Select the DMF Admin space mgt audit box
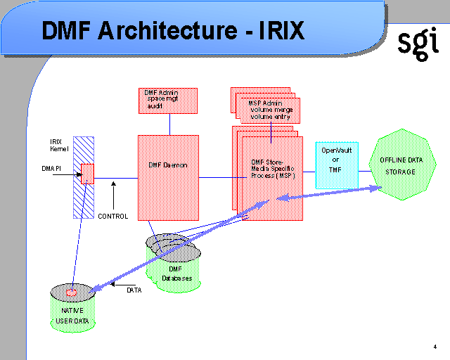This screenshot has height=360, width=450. tap(168, 101)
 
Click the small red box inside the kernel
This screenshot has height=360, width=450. tap(87, 173)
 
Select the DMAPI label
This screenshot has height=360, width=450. tap(53, 169)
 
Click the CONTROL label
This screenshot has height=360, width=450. tap(112, 217)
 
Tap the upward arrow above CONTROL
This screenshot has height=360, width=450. tap(112, 193)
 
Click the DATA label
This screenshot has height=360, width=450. tap(134, 290)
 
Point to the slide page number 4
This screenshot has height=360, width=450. tap(436, 346)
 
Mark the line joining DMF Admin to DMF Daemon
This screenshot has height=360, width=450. tap(168, 124)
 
